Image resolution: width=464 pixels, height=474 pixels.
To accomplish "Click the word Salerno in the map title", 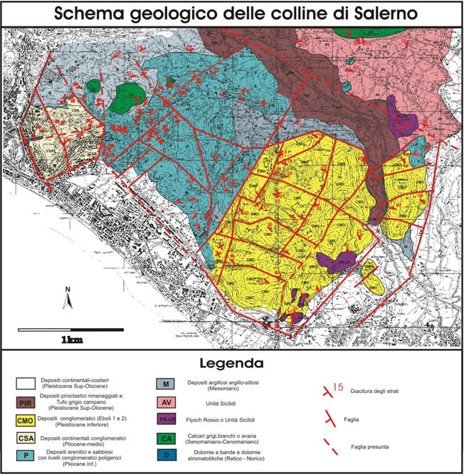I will [379, 14].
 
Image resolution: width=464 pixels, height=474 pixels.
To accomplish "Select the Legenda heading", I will [232, 364].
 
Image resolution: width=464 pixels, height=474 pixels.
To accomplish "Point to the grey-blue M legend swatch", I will [165, 385].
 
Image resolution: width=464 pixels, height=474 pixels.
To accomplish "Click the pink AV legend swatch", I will [165, 402].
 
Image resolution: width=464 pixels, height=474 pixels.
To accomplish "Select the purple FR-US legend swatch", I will [165, 420].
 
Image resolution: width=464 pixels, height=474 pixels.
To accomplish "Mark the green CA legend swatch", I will [165, 438].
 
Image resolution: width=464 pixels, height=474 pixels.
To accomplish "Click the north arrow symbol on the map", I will [67, 299].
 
